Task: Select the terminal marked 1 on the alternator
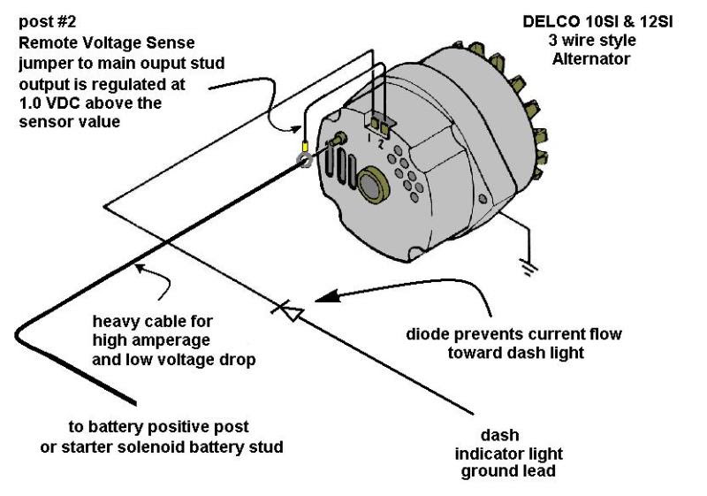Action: [373, 123]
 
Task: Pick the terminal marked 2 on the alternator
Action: [384, 123]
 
